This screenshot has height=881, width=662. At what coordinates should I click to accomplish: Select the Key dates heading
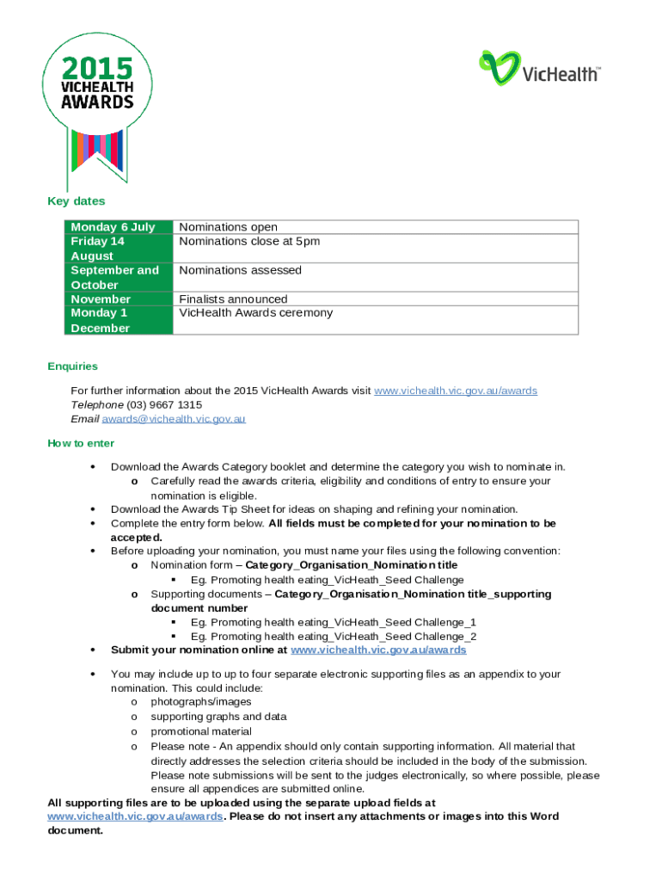click(76, 201)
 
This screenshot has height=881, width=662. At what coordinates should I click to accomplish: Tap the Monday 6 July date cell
click(113, 227)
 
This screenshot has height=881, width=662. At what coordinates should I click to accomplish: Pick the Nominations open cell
click(228, 227)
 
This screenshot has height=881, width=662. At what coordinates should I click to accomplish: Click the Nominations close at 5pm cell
click(249, 242)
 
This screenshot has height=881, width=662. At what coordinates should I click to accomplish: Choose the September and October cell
click(114, 277)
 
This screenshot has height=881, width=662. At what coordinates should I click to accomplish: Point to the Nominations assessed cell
click(240, 270)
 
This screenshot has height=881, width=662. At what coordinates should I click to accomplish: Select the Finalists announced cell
click(233, 299)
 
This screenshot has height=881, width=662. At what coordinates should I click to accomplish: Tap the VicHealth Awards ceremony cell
click(255, 313)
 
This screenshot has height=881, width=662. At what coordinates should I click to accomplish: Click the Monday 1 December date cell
click(100, 320)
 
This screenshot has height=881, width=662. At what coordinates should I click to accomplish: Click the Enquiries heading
click(72, 367)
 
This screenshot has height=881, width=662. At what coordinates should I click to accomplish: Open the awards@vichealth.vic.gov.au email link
click(174, 419)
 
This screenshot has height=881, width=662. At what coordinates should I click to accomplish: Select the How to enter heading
click(81, 444)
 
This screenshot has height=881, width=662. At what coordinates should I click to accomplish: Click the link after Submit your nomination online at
click(378, 650)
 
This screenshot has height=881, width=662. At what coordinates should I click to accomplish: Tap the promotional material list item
click(201, 732)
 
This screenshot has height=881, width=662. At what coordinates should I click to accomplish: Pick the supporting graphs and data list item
click(218, 717)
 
